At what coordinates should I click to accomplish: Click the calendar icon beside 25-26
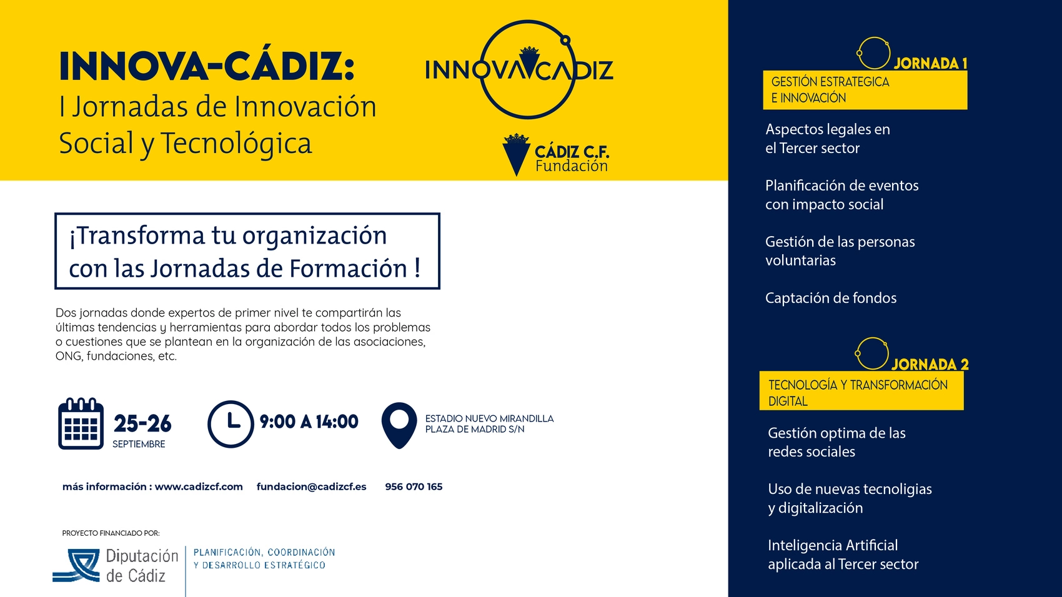coord(81,423)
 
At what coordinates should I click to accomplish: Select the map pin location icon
coord(399,425)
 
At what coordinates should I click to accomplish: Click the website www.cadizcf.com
coord(199,486)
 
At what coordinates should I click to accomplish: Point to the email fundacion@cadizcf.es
coord(312,486)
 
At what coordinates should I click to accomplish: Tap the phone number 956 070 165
coord(414,486)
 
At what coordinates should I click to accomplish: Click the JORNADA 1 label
coord(930,64)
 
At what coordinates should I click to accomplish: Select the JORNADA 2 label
coord(930,364)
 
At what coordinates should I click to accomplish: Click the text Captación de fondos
coord(831,298)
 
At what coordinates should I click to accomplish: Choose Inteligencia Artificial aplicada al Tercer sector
coord(843,555)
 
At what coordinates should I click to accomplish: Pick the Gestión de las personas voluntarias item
coord(840,251)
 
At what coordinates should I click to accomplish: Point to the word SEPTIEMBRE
coord(139,445)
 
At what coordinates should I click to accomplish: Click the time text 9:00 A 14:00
coord(309,422)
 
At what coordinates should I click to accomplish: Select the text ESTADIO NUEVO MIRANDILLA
coord(489,419)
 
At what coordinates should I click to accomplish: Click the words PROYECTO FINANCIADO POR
coord(111,533)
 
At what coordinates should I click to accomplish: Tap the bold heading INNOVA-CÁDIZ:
coord(207,66)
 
